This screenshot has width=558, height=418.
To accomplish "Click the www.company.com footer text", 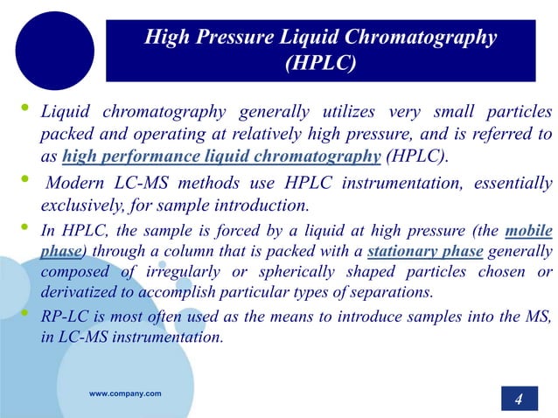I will click(x=125, y=394).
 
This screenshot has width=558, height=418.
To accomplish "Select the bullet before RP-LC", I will click(x=24, y=310).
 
